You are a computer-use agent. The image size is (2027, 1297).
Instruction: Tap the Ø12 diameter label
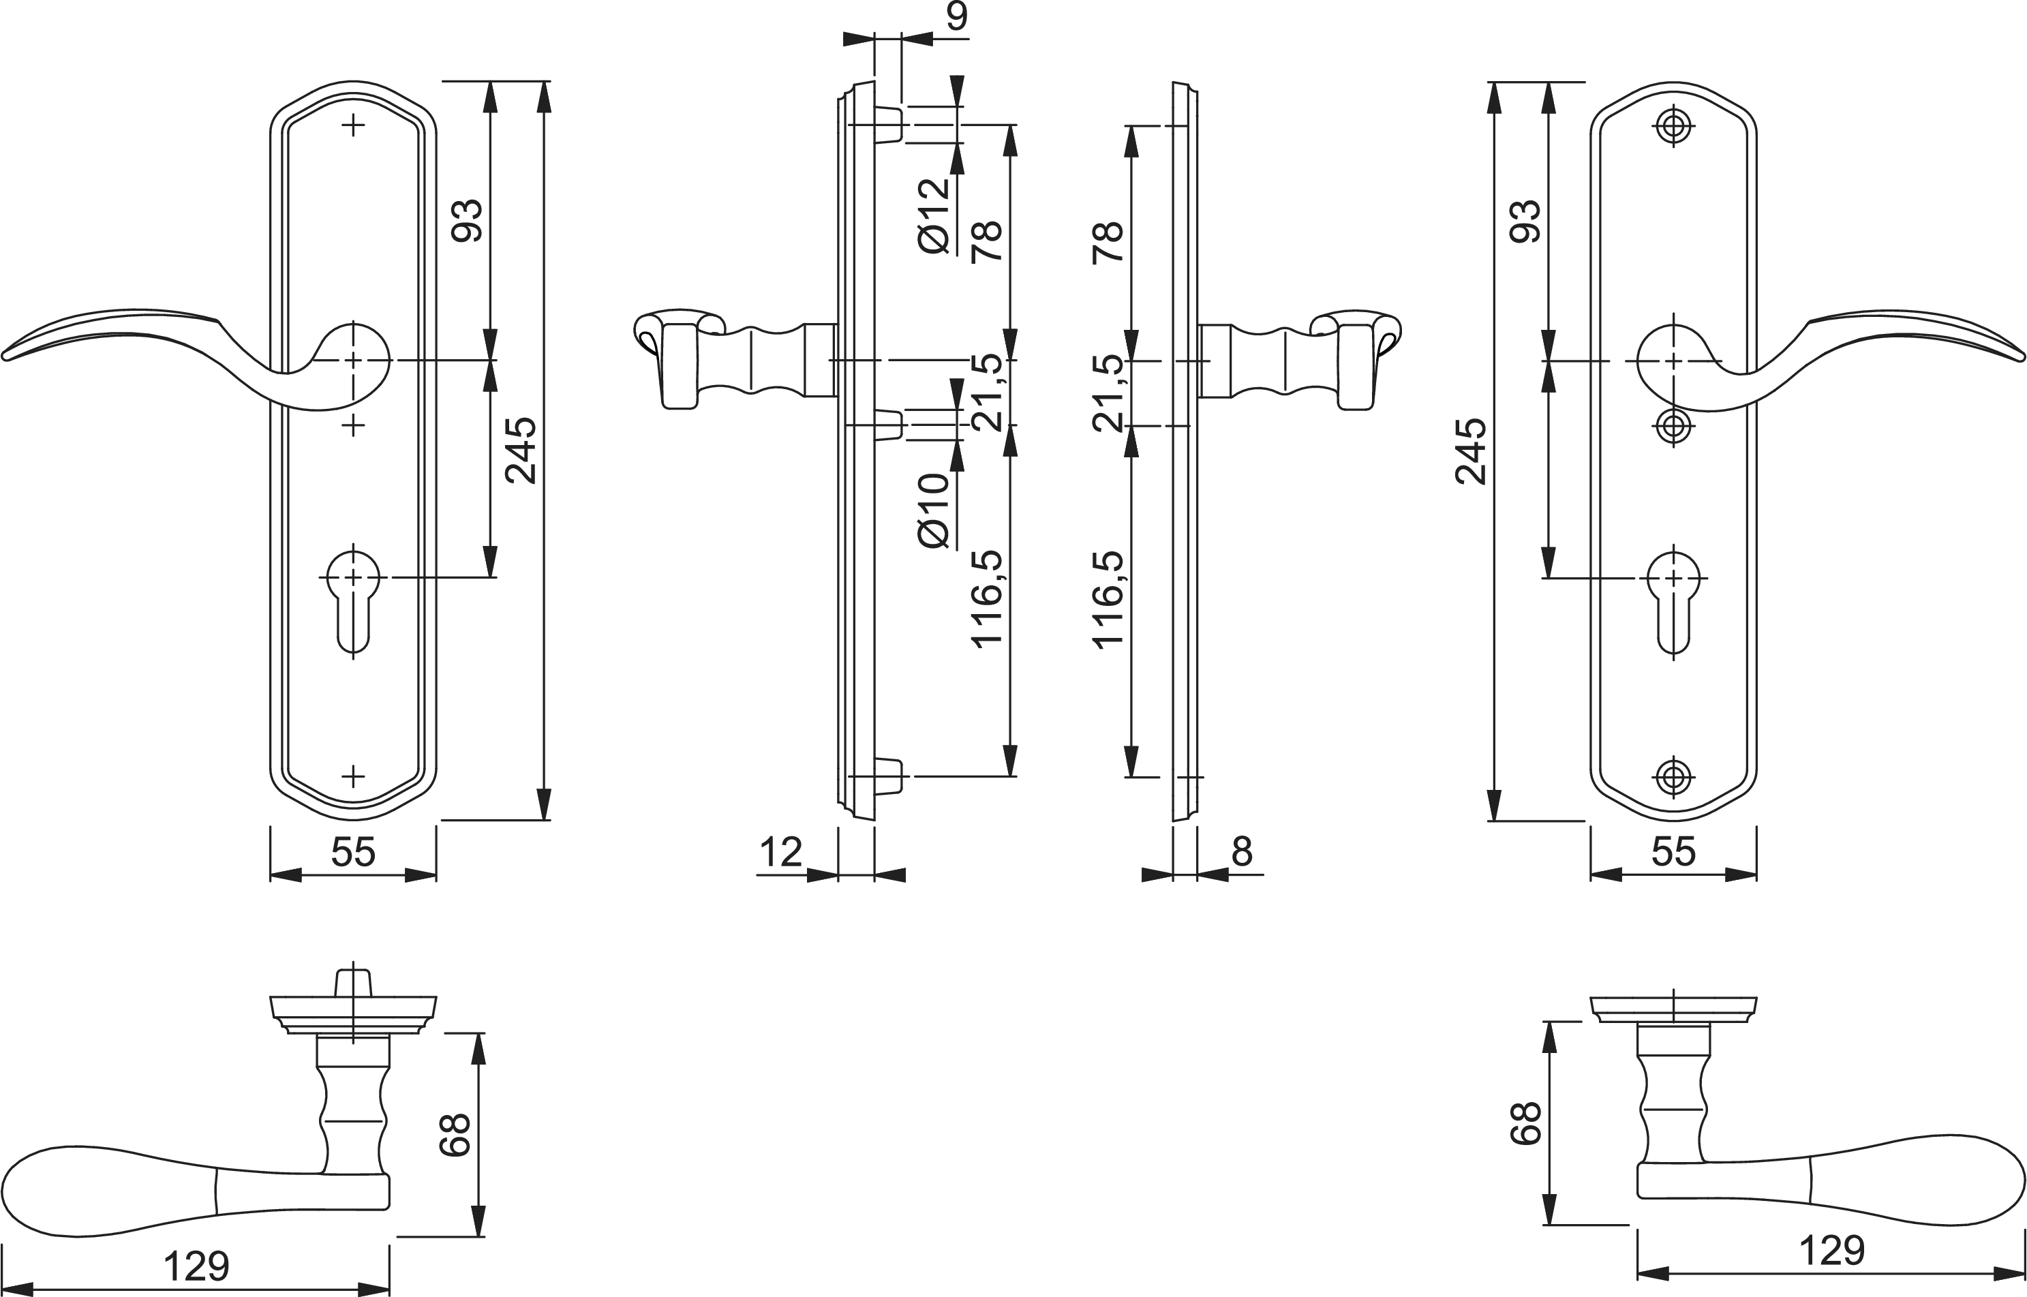934,215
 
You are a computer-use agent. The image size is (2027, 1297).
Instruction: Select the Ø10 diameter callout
934,510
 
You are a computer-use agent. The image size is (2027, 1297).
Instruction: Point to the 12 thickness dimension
780,853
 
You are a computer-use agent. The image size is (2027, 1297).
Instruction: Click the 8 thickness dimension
1242,853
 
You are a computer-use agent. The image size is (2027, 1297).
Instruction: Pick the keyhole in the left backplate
353,602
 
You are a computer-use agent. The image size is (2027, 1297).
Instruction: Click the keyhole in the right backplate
1673,602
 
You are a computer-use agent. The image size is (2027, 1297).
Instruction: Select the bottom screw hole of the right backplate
1673,776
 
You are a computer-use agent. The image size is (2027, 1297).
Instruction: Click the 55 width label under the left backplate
353,853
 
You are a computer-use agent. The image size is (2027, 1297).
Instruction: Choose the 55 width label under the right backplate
1673,853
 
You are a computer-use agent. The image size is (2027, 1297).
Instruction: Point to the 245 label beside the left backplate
521,451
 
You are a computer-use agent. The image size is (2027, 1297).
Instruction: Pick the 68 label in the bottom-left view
455,1135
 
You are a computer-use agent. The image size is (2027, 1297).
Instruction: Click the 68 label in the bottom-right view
1525,1123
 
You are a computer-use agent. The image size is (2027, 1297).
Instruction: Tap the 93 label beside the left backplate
468,221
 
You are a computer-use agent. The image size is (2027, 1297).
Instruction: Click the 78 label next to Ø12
987,241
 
